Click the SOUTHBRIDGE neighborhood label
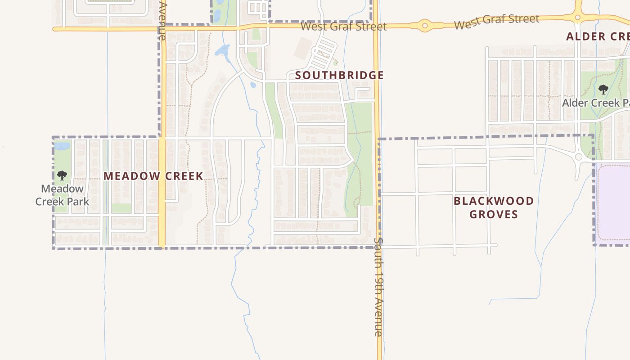(x=339, y=75)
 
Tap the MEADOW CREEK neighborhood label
(x=153, y=176)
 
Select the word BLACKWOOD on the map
(x=494, y=201)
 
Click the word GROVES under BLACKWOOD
(x=494, y=214)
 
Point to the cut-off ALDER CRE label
(x=598, y=36)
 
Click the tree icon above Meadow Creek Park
(x=62, y=175)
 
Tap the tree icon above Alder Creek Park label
(x=603, y=90)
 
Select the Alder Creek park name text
(x=595, y=103)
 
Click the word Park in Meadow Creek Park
(x=79, y=202)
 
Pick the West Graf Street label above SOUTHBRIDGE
(x=343, y=26)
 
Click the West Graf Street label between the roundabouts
(x=496, y=21)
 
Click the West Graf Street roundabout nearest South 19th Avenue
(x=424, y=26)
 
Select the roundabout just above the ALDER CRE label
(x=578, y=18)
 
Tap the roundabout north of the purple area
(x=579, y=157)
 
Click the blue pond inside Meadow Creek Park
(x=62, y=146)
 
